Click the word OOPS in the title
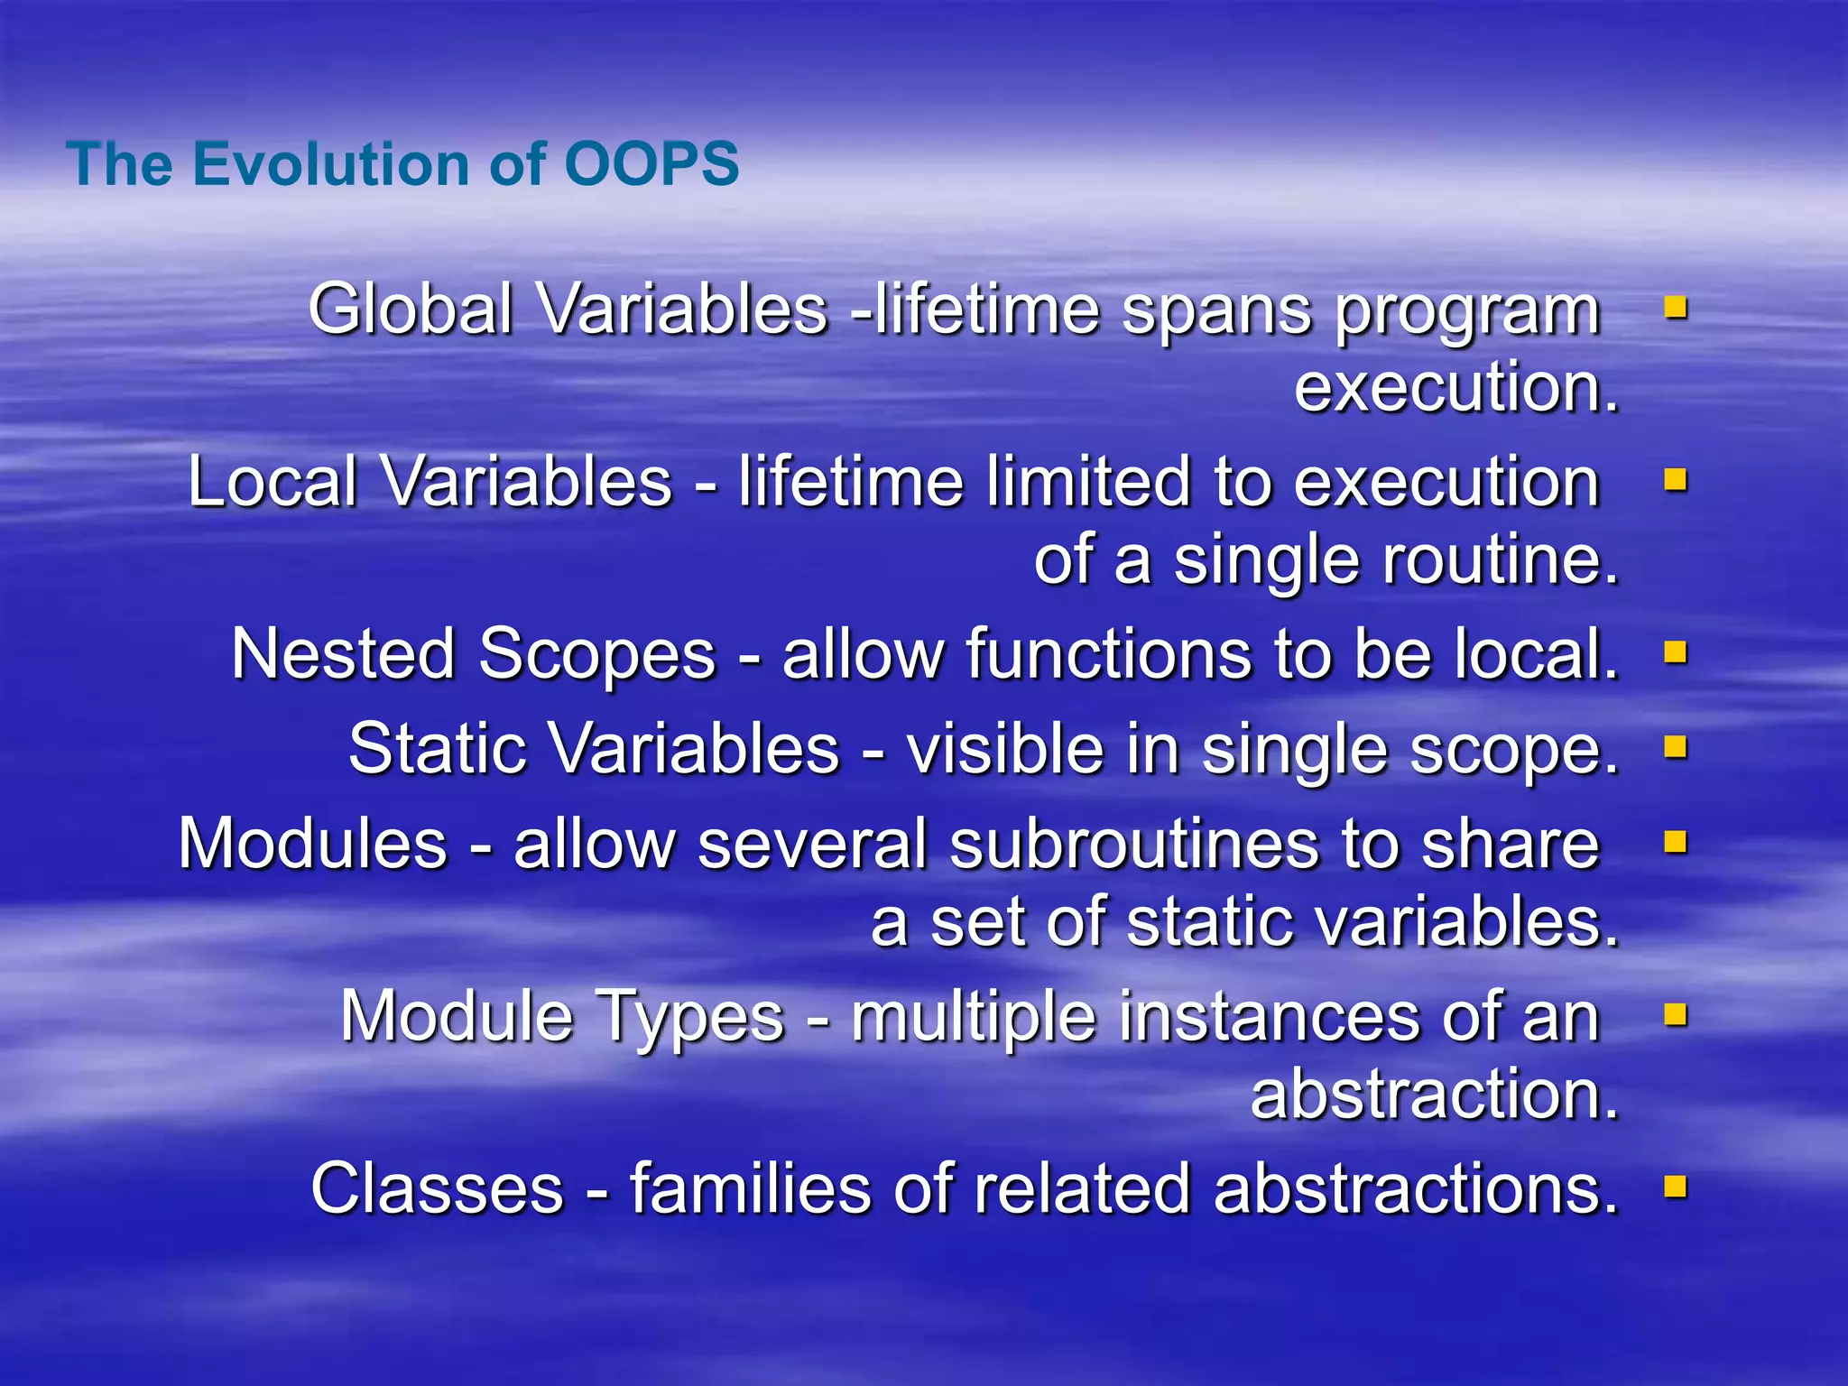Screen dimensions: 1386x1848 651,164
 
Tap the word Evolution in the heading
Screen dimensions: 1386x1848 330,164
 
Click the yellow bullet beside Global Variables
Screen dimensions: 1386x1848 1676,309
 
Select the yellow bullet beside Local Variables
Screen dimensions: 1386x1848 1676,480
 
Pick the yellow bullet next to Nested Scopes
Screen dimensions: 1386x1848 1676,651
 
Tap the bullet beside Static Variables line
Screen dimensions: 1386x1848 1676,747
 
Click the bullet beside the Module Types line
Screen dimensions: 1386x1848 1676,1015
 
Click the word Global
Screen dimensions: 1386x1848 411,310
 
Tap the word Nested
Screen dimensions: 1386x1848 342,654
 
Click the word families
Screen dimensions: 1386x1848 750,1188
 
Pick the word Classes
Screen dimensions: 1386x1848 437,1188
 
